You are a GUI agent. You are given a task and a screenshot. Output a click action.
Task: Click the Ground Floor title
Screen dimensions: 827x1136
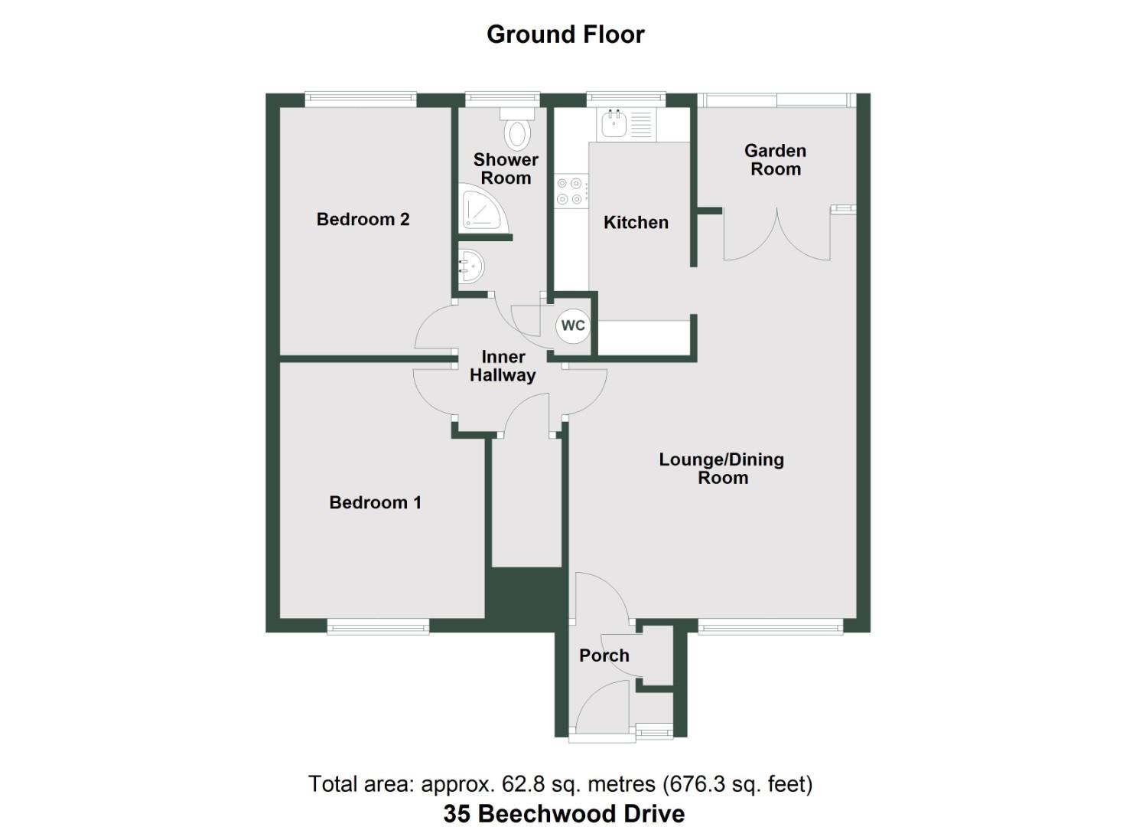(x=565, y=34)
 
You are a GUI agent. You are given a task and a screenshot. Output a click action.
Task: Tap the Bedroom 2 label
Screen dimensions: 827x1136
(x=363, y=220)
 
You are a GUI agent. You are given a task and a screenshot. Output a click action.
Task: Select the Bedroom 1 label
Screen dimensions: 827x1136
(x=375, y=502)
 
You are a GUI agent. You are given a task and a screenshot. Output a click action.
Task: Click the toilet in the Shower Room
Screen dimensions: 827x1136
(x=518, y=129)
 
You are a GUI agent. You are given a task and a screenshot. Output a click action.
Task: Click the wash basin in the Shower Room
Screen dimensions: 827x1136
(x=470, y=267)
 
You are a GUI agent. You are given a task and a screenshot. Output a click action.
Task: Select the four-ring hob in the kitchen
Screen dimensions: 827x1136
(x=570, y=191)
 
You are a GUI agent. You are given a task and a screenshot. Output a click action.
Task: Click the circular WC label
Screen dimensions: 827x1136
(x=573, y=325)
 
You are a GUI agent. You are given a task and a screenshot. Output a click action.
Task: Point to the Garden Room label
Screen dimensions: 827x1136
(x=775, y=160)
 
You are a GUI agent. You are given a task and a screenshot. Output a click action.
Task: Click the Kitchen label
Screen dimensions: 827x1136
(x=636, y=223)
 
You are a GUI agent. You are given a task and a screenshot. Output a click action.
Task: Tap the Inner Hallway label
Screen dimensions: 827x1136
(x=503, y=366)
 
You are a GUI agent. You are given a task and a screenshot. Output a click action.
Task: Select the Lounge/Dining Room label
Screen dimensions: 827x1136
(x=722, y=469)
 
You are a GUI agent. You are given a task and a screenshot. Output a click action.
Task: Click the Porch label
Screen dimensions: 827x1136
(x=604, y=655)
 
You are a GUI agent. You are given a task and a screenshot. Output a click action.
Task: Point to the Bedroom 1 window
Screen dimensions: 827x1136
(x=378, y=627)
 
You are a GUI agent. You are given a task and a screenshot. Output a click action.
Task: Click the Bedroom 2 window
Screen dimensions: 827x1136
(x=360, y=97)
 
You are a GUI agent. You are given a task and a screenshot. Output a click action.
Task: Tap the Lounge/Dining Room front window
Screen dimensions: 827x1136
(x=770, y=627)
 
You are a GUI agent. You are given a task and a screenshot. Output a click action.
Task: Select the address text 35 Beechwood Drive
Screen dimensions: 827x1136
(x=564, y=813)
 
